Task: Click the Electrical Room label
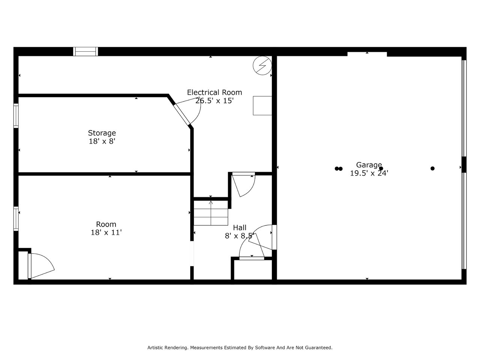coord(214,93)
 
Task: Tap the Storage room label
coord(102,133)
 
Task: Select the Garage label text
coord(369,165)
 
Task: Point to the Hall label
coord(240,228)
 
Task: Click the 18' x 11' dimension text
coord(106,232)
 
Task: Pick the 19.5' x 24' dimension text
coord(369,173)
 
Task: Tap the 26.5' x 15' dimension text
coord(214,101)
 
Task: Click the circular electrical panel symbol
coord(262,66)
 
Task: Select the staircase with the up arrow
coord(211,213)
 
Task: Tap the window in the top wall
coord(85,52)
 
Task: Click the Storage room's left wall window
coord(16,115)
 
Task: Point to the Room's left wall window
coord(16,219)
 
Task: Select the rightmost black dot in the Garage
coord(432,168)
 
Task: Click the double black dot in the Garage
coord(339,168)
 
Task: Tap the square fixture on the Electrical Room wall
coord(262,106)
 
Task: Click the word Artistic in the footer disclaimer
coord(156,347)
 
